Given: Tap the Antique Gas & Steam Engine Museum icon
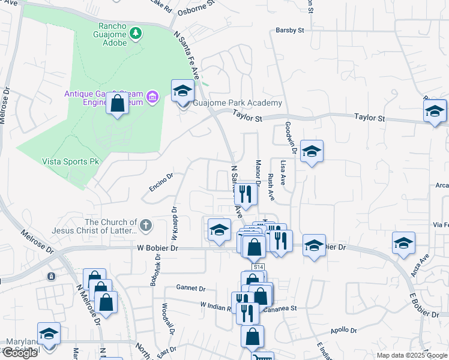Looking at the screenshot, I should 152,97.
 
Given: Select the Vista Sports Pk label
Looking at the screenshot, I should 70,161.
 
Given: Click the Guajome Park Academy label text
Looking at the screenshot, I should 237,103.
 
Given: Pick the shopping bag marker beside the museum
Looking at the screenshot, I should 118,104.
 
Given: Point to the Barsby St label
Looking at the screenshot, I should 290,29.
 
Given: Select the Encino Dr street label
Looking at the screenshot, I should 161,183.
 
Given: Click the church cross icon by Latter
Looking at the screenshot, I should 145,226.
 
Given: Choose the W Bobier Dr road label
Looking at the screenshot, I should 158,247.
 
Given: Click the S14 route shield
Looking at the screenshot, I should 258,266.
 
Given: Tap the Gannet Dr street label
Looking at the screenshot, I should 191,288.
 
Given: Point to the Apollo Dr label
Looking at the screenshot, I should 344,331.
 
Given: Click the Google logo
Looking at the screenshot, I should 20,353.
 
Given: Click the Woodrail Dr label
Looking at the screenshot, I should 167,318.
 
